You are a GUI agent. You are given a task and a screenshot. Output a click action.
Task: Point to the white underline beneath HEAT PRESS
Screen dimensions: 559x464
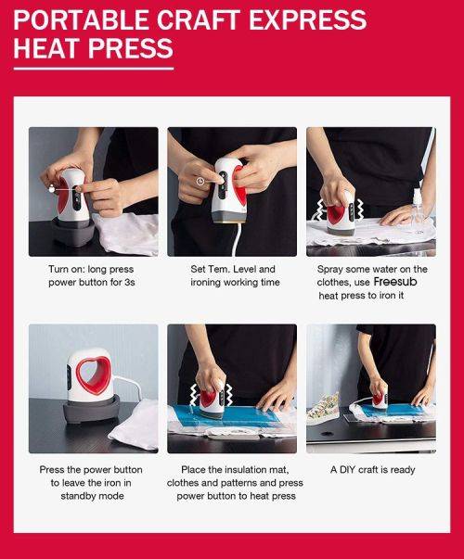[93, 68]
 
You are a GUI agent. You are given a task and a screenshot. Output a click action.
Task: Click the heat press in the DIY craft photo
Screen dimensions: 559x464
[379, 397]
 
